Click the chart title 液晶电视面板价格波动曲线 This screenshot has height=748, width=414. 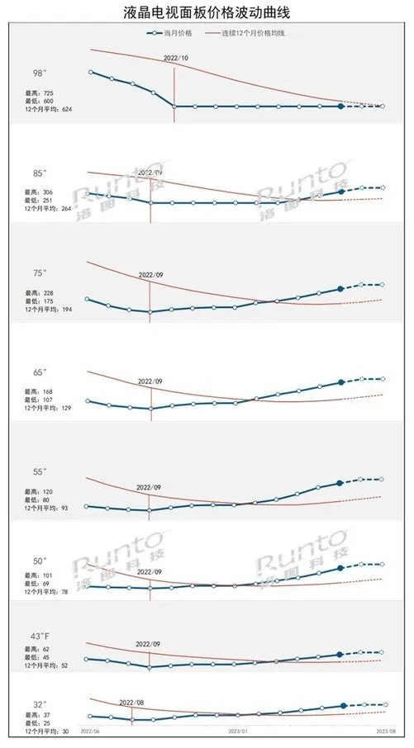click(206, 13)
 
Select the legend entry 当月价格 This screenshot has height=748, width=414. click(176, 33)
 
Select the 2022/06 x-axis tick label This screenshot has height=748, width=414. click(90, 731)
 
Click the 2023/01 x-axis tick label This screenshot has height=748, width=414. click(238, 731)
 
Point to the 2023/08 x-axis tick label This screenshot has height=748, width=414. click(387, 731)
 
